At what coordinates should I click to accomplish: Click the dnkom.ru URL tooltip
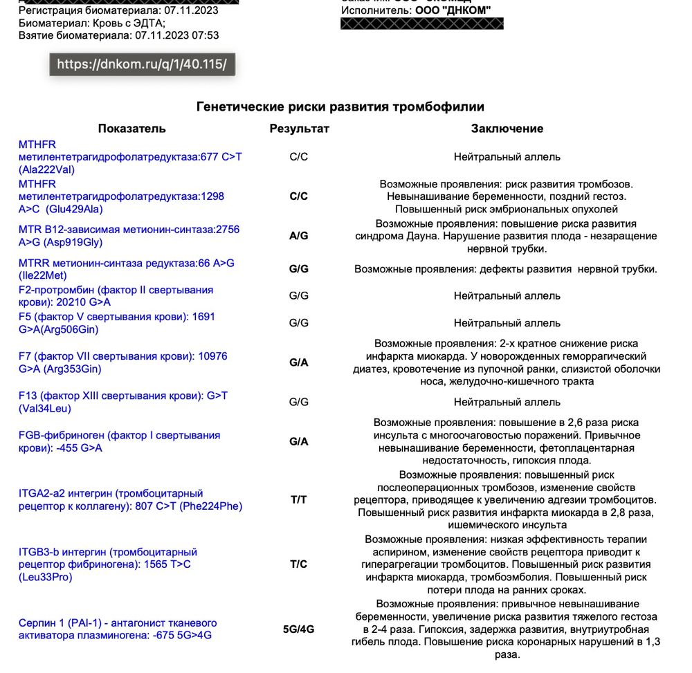142,64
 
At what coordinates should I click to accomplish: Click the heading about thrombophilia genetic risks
340,107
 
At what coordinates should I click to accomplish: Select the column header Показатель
131,129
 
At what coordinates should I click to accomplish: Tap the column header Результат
299,129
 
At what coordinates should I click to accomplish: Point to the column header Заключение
507,129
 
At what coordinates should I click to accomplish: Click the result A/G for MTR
299,236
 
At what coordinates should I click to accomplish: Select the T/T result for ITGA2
299,499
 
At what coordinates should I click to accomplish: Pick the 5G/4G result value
299,629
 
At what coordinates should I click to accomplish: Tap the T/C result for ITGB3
299,564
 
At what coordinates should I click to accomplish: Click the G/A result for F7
299,362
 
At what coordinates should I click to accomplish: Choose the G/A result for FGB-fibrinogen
299,441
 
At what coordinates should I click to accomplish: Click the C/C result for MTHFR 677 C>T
299,157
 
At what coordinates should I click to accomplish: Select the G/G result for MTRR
299,269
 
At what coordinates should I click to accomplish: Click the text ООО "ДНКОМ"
453,10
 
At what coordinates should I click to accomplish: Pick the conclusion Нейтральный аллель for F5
507,323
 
